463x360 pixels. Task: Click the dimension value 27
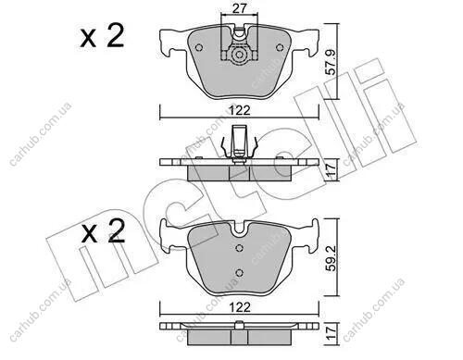240,8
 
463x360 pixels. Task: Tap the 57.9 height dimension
331,62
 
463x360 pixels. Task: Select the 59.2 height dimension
331,258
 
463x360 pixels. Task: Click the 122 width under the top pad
240,110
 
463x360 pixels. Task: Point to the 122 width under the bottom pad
240,307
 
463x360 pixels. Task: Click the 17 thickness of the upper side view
331,170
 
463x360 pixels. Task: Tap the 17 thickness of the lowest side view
331,334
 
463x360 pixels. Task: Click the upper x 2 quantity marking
102,36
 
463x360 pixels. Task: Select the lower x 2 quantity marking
104,231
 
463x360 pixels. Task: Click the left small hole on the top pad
199,48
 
